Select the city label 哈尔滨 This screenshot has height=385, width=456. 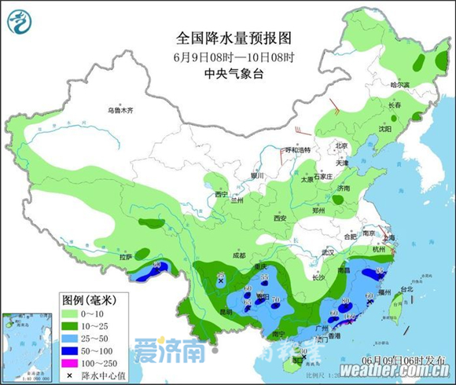pos(401,85)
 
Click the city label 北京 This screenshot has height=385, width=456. pos(340,145)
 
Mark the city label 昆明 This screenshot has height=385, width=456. pos(204,312)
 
